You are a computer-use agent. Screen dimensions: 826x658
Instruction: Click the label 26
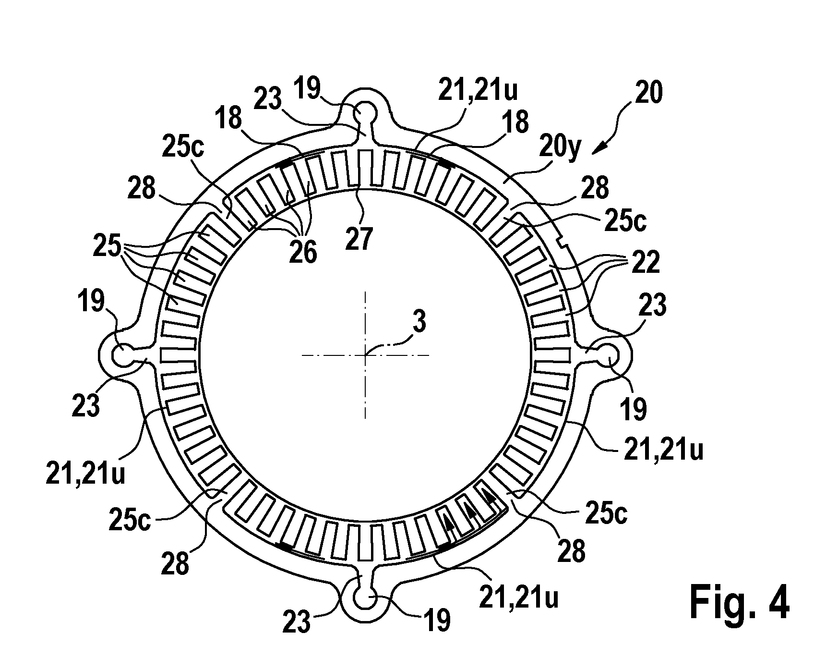click(303, 252)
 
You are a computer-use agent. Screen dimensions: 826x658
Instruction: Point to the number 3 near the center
click(419, 322)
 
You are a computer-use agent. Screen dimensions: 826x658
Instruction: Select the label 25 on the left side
click(107, 248)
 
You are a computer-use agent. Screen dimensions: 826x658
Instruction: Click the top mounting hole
click(365, 113)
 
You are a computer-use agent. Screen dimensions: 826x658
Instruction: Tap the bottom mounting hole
click(365, 598)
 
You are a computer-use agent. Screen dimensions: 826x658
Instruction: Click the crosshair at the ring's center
click(365, 355)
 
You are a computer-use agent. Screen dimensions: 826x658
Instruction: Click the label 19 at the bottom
click(437, 619)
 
